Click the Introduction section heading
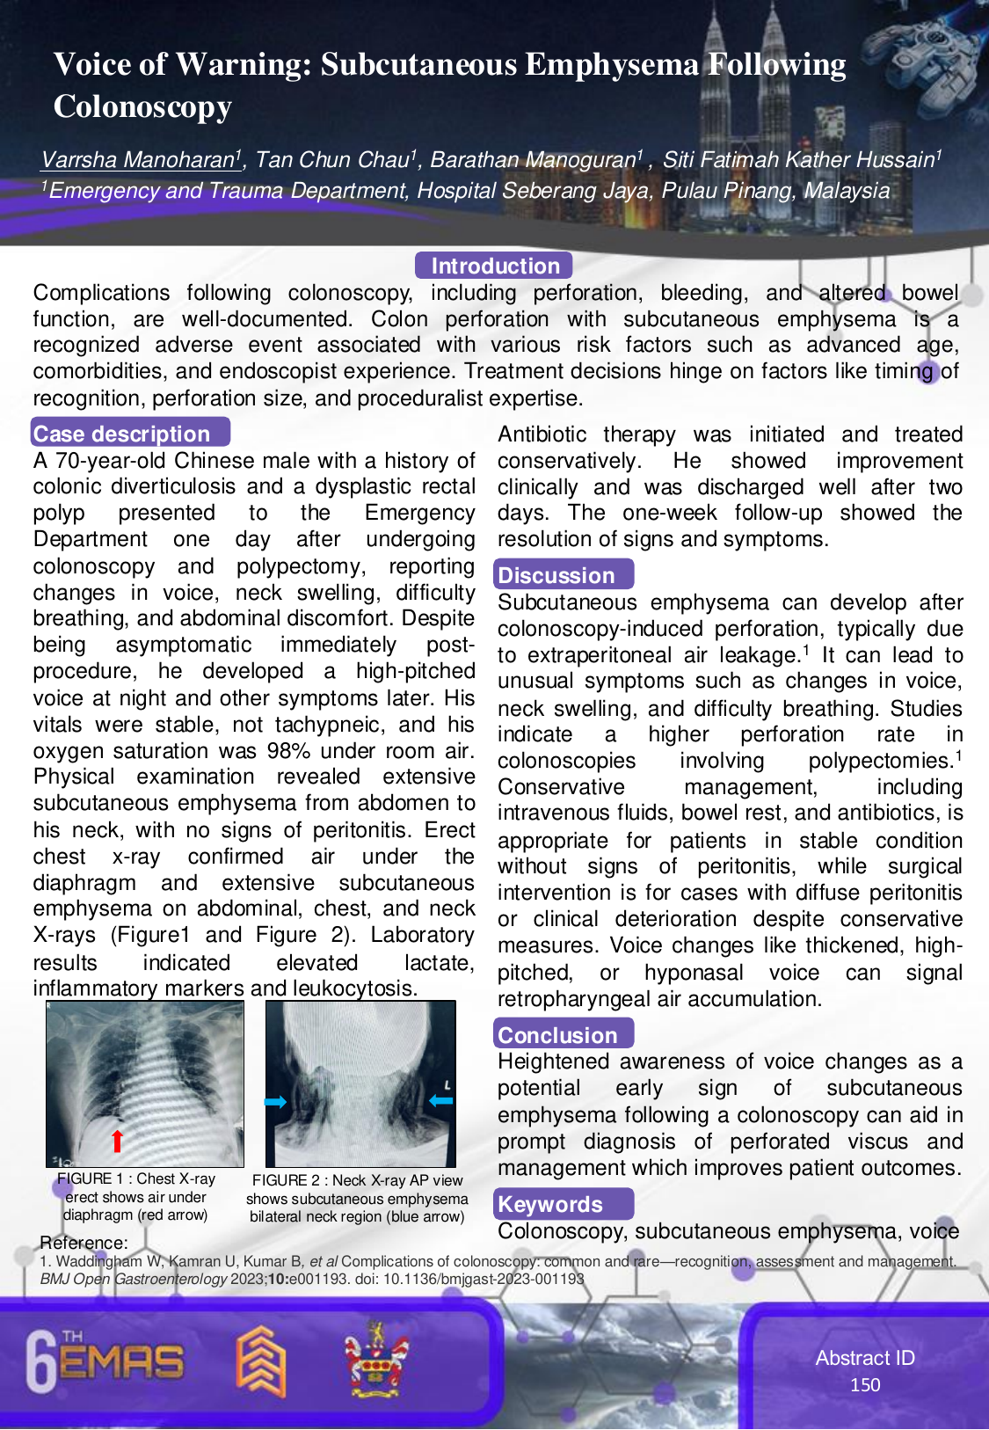point(495,266)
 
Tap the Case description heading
point(122,434)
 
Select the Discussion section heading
point(556,575)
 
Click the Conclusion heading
point(557,1035)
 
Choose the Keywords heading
point(550,1204)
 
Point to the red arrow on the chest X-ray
point(117,1140)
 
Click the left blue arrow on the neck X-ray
point(275,1102)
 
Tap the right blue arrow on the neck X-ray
point(440,1099)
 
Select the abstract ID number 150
point(865,1384)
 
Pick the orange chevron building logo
point(260,1361)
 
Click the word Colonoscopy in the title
point(142,106)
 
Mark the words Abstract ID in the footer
point(865,1358)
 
